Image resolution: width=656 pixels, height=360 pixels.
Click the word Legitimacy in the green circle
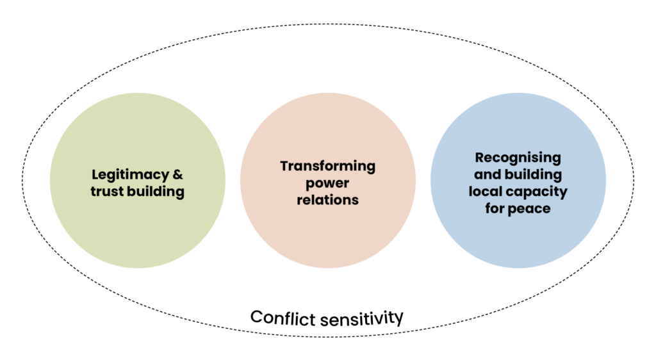131,175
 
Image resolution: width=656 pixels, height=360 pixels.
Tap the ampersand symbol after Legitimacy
178,174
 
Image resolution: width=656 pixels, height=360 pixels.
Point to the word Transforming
327,167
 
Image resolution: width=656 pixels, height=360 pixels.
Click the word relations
327,200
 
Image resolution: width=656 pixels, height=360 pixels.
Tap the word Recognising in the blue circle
518,158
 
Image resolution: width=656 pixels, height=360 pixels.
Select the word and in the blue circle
488,174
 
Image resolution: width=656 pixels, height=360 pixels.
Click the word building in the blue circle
533,175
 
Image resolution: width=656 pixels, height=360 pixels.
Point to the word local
483,191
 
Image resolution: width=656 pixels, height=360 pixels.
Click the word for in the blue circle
494,208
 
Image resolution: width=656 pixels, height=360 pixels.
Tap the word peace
529,209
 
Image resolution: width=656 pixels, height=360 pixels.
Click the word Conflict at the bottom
283,318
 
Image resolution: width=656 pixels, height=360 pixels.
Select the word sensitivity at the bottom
361,319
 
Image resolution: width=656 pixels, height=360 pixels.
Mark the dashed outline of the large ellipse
328,24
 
